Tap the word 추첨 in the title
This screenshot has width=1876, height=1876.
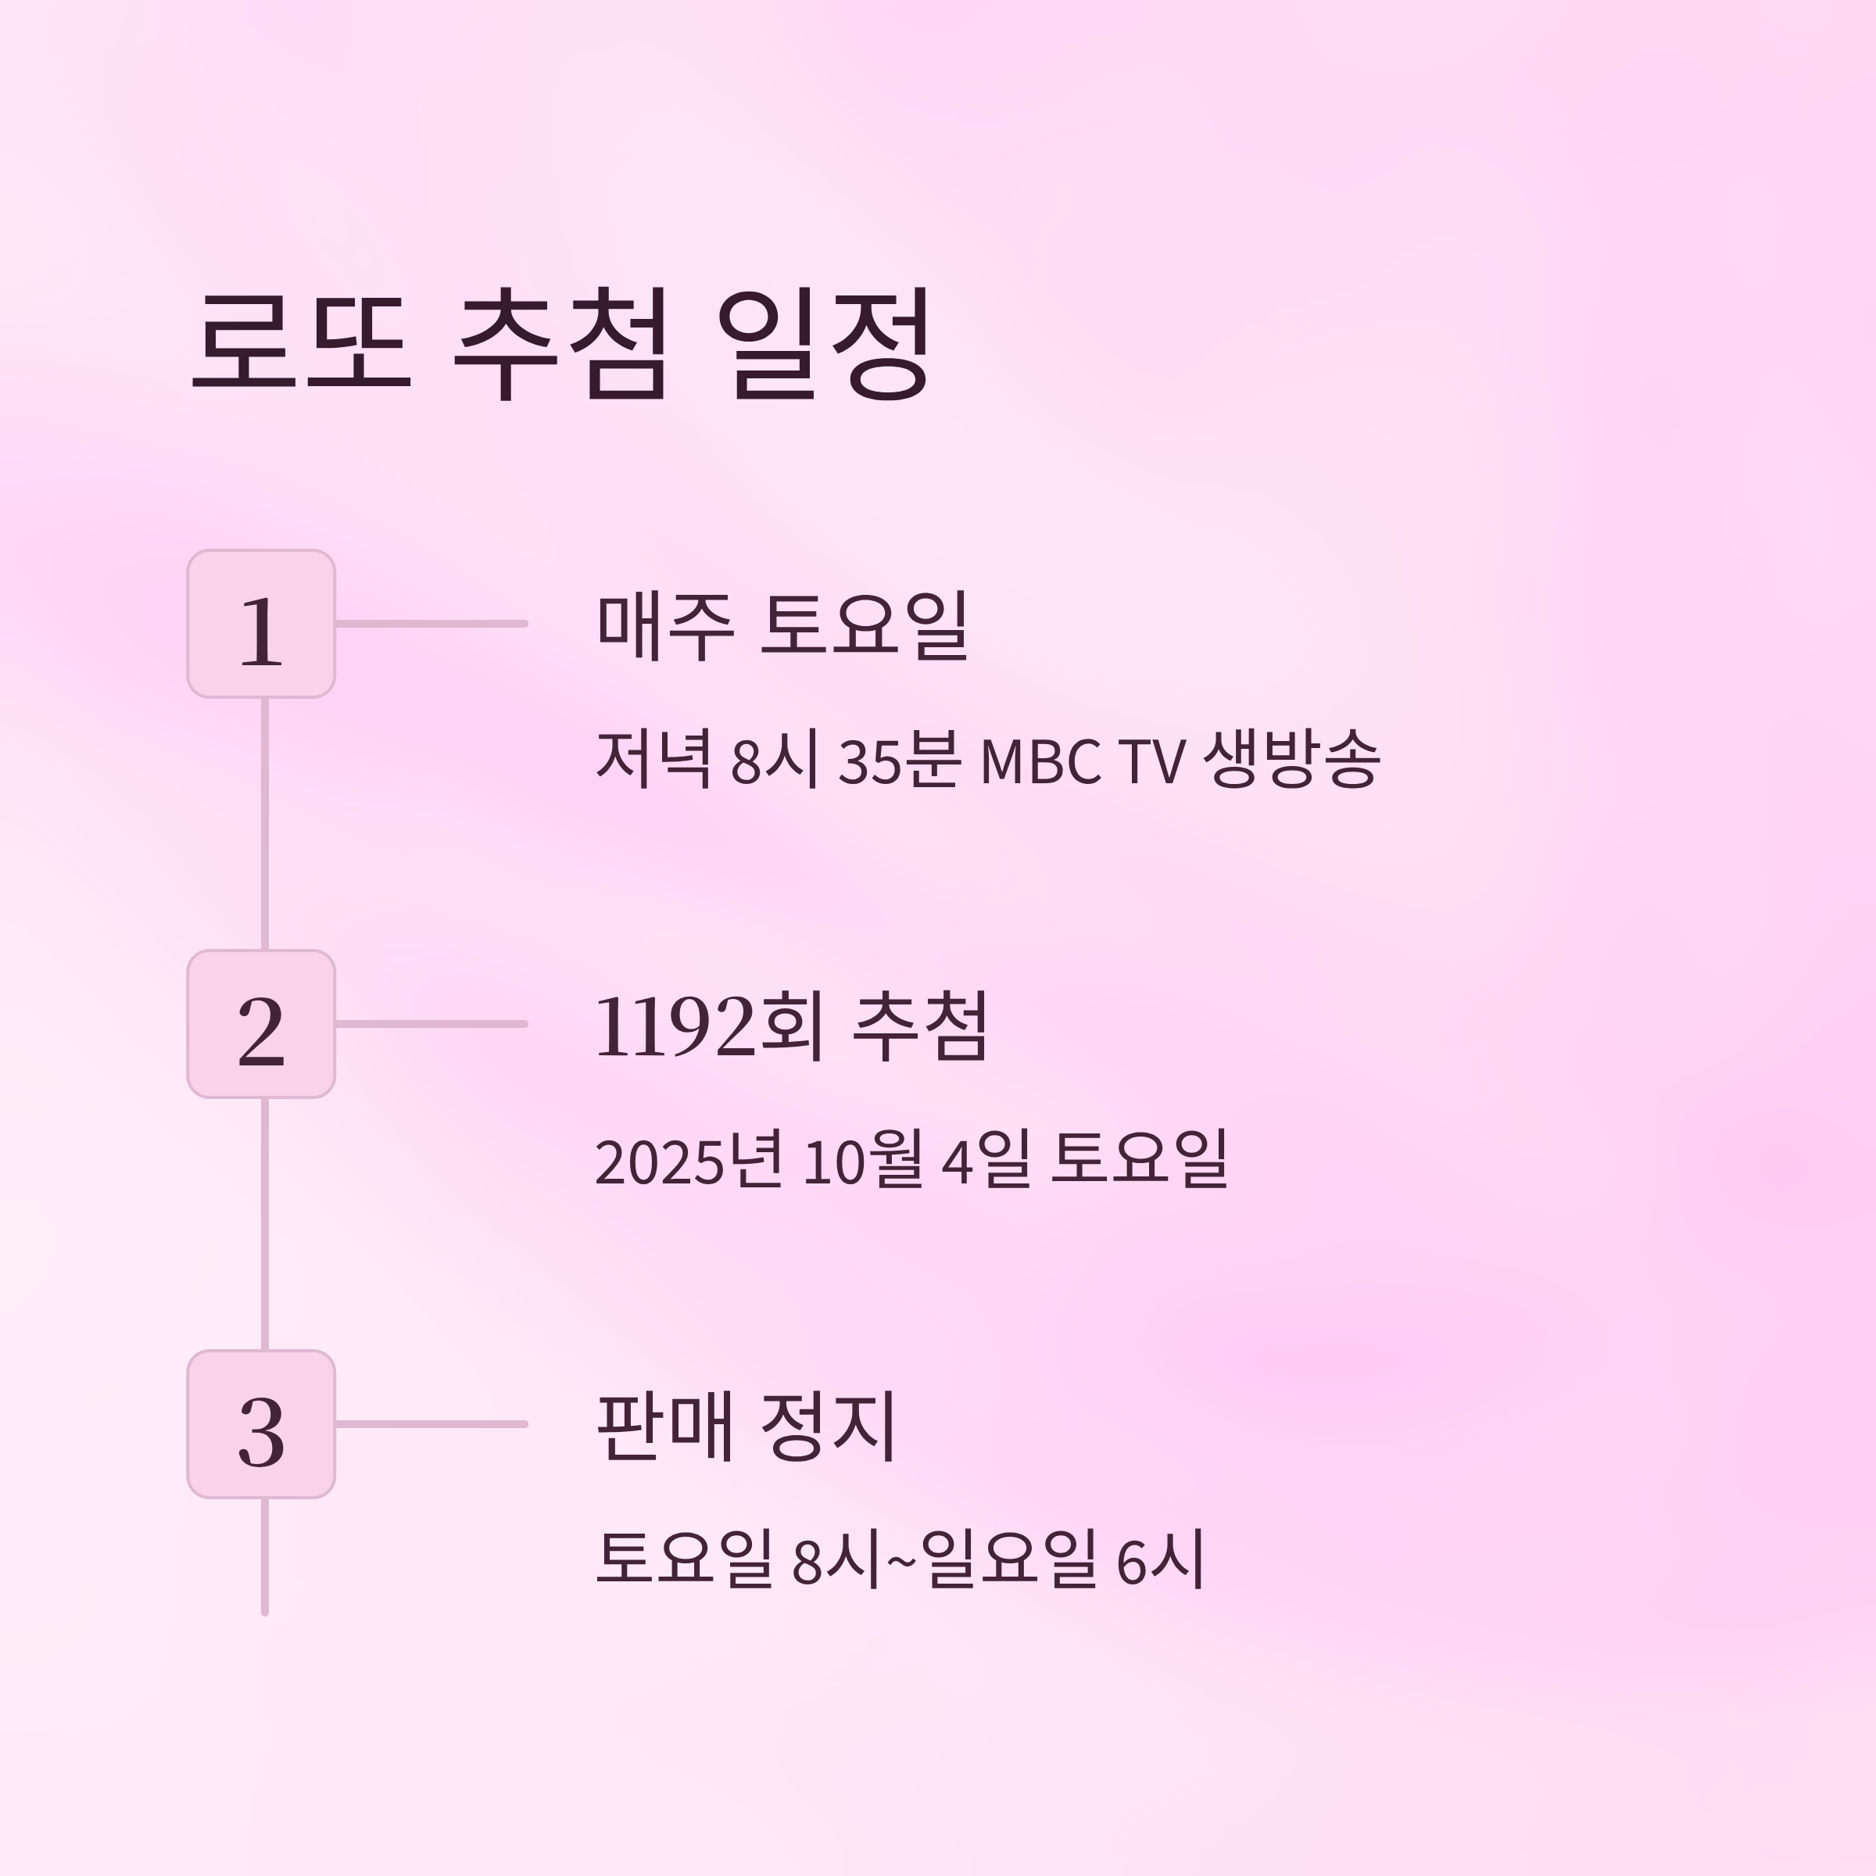[x=561, y=342]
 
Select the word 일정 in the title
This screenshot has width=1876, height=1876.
[x=822, y=342]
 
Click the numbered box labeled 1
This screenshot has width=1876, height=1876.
[x=261, y=624]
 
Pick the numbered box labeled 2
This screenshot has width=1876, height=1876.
[x=261, y=1023]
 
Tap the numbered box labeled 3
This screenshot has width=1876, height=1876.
[x=261, y=1423]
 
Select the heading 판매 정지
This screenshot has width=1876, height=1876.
[x=746, y=1426]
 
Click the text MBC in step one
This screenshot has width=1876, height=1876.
[x=1040, y=761]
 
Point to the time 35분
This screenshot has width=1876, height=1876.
[x=899, y=759]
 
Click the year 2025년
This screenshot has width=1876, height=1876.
[x=689, y=1159]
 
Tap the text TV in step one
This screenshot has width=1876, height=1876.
[x=1153, y=761]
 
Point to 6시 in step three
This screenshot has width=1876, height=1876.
[x=1160, y=1559]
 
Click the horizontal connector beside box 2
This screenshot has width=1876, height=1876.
[x=431, y=1023]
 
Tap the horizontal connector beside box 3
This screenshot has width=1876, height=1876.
[x=431, y=1423]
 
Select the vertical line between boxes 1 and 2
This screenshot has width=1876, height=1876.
[x=264, y=823]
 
